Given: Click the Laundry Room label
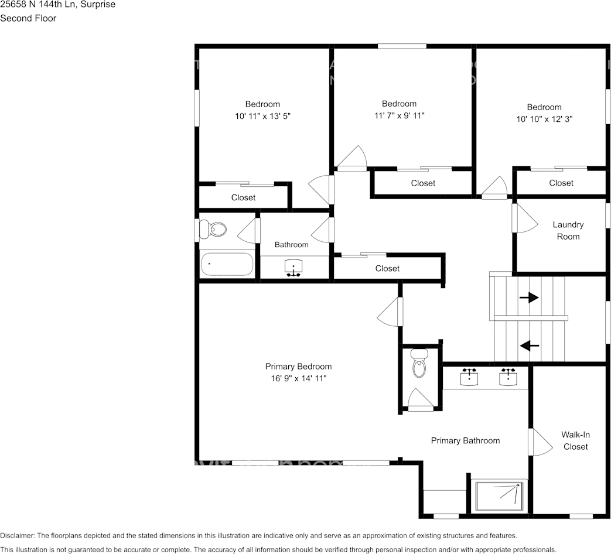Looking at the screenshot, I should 568,231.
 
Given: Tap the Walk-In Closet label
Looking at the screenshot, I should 575,440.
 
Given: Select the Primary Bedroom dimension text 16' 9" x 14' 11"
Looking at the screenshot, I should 298,378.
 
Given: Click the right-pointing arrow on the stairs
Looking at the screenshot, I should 529,298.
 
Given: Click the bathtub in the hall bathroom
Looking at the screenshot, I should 227,264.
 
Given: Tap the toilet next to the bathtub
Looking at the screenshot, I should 213,229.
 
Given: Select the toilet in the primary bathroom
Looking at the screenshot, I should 419,364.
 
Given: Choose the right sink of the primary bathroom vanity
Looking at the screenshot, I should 508,377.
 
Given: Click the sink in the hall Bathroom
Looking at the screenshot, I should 293,268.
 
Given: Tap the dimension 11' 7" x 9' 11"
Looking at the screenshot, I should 399,115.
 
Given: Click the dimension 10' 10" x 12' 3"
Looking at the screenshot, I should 544,119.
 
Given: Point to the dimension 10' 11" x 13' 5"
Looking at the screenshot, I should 262,116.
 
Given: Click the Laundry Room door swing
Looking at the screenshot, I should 524,218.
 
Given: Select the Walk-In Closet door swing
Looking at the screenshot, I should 539,442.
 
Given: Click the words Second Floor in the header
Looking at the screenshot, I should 28,18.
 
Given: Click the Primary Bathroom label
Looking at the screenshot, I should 465,440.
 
